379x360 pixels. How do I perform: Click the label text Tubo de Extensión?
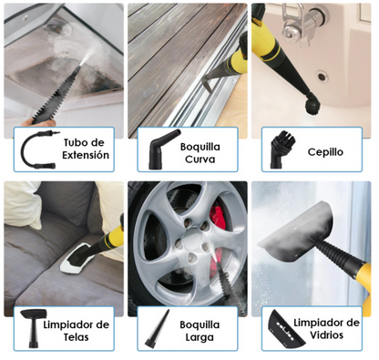pyautogui.click(x=88, y=149)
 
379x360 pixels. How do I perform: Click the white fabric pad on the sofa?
pyautogui.click(x=77, y=265)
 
